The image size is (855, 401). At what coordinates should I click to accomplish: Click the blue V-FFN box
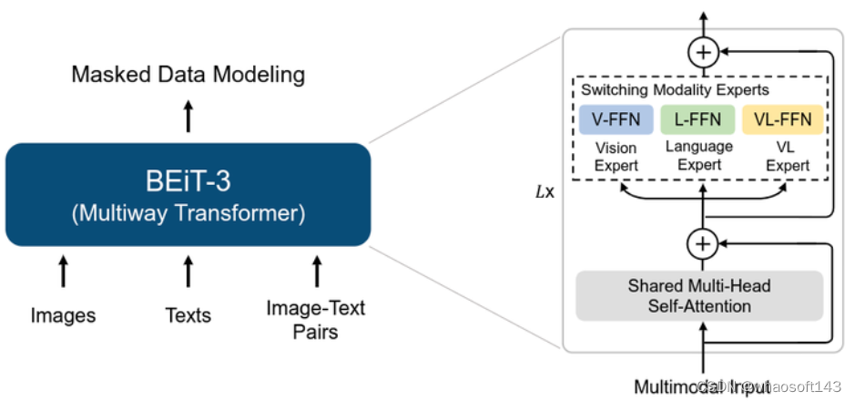pos(616,119)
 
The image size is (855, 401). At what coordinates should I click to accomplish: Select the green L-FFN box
pos(698,119)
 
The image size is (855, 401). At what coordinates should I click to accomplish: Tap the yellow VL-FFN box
pos(782,119)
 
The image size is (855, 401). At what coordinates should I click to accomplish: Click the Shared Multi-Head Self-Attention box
pos(699,296)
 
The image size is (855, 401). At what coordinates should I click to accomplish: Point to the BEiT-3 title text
pos(188,180)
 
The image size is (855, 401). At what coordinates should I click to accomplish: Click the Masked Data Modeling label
pos(188,74)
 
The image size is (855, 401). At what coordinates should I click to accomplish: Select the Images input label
pos(63,316)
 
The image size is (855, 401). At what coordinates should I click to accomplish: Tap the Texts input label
pos(188,316)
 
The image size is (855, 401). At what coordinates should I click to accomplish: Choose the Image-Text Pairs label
pos(316,319)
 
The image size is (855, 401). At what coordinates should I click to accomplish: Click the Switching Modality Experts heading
pos(675,90)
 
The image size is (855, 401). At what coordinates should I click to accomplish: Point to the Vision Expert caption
pos(616,157)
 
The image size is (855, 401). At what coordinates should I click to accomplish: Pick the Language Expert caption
pos(699,155)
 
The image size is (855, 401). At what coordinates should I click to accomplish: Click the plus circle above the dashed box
pos(702,52)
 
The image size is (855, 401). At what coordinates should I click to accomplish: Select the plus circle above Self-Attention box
pos(702,242)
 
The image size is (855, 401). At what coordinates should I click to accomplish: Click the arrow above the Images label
pos(63,272)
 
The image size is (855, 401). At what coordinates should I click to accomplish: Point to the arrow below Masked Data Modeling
pos(188,117)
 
